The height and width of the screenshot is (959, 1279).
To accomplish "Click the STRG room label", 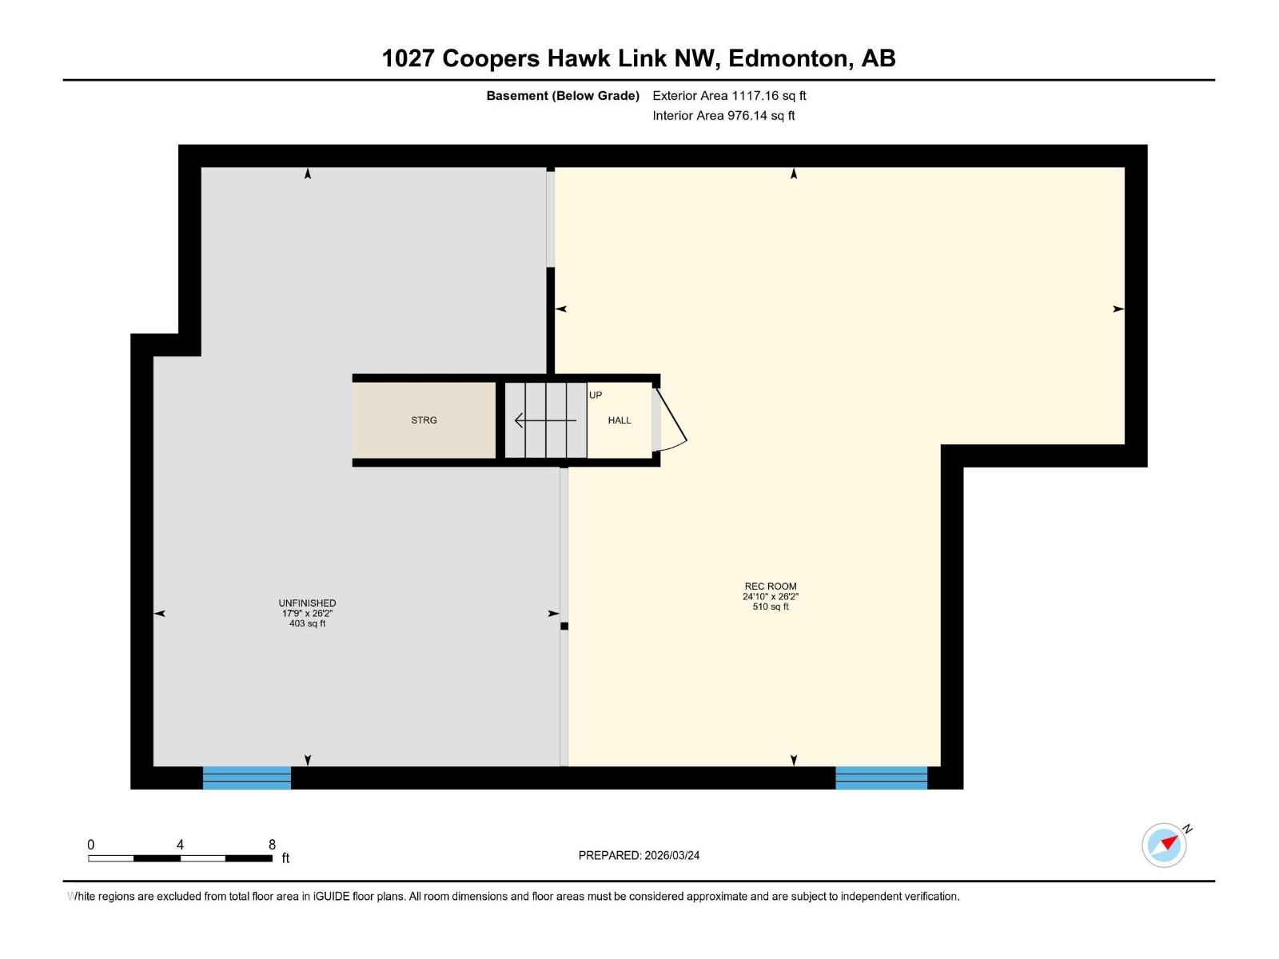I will coord(424,420).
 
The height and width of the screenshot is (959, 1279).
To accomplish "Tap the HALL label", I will coord(620,420).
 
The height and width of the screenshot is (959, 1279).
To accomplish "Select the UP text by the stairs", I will coord(596,395).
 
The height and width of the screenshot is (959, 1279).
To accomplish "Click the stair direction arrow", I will coord(544,420).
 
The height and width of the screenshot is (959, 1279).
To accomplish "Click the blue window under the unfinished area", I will coord(246,778).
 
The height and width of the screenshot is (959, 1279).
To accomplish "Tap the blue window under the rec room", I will coord(881,778).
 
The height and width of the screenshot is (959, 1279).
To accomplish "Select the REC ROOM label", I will coord(771,587).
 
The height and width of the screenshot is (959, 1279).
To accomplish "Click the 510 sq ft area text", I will coord(771,607).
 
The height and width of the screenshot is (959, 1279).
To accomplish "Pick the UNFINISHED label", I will coord(307,603).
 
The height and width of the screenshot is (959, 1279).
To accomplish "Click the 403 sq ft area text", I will coord(307,623).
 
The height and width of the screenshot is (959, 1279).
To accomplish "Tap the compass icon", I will coord(1164,845).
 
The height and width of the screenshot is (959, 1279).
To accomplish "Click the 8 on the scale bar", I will coord(272,845).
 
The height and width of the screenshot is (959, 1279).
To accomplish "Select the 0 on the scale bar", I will coord(91,845).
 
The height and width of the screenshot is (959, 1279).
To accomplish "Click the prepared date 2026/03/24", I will coord(671,855).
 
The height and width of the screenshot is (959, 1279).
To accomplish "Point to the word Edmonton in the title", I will coord(787,58).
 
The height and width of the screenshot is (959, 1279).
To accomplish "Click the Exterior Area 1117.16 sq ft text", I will coord(729,96).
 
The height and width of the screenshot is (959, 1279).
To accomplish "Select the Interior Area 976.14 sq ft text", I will coord(723,116).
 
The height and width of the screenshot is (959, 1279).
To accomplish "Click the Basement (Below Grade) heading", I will coord(563,96).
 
